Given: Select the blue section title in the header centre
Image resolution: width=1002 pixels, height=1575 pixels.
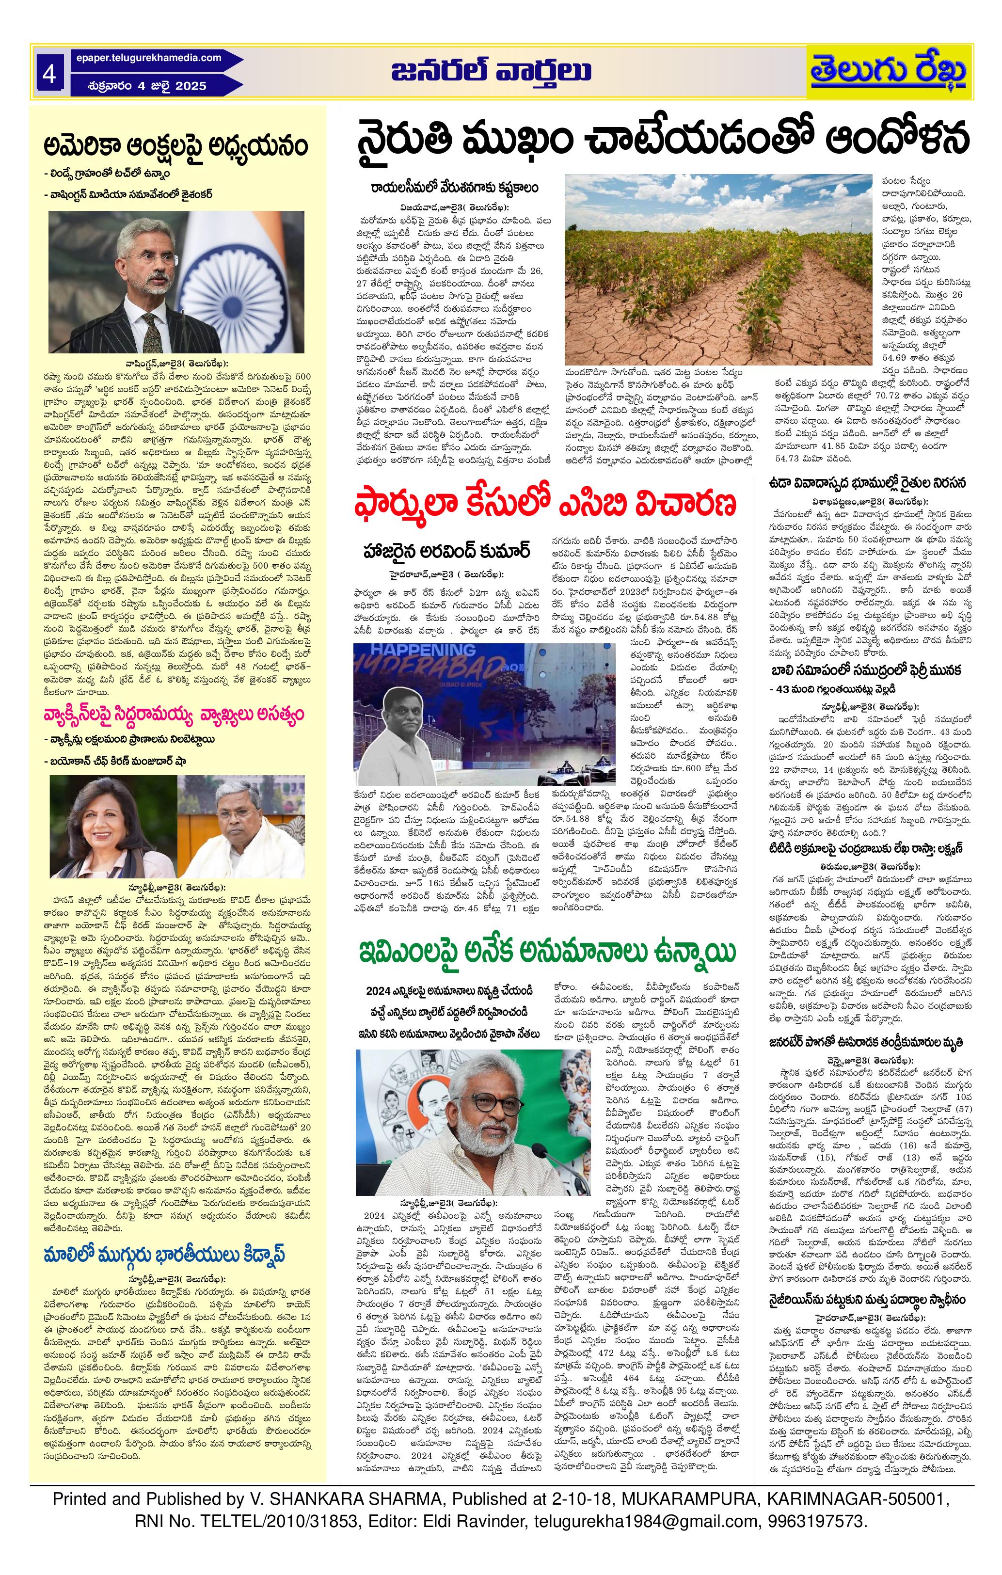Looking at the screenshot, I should point(492,72).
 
